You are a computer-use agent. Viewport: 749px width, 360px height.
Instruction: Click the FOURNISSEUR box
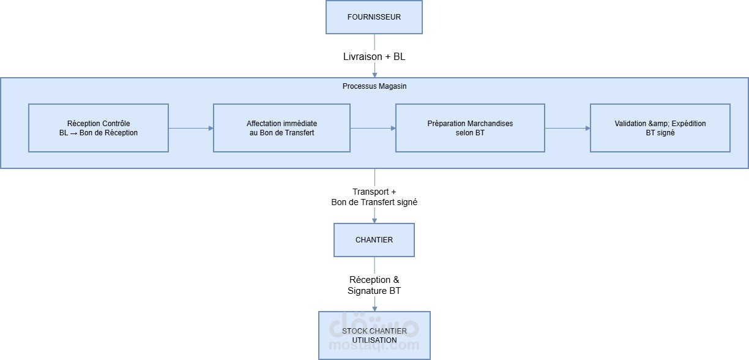[x=374, y=17]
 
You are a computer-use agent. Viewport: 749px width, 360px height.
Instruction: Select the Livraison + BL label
[x=374, y=56]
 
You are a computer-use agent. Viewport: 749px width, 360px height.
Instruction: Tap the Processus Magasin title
[x=374, y=86]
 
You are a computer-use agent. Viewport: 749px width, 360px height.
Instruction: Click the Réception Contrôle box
[x=99, y=128]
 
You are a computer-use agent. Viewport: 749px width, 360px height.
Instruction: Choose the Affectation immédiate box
[x=281, y=128]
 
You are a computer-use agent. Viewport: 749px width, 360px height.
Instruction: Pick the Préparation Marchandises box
[x=470, y=128]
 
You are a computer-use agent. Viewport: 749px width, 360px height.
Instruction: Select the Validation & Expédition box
[x=660, y=128]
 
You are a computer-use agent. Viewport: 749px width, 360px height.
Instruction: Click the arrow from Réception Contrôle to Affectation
[x=190, y=128]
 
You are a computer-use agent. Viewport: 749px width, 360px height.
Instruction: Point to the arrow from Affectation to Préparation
[x=373, y=128]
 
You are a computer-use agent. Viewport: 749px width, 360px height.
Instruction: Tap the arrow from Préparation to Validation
[x=567, y=128]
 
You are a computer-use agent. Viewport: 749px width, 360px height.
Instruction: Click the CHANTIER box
[x=374, y=239]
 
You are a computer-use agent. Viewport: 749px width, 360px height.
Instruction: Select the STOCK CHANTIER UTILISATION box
[x=374, y=336]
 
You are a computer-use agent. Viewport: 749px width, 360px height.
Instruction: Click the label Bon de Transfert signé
[x=374, y=202]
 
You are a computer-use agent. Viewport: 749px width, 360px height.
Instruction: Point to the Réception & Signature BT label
[x=374, y=285]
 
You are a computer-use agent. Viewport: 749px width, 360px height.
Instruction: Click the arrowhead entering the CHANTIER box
[x=374, y=220]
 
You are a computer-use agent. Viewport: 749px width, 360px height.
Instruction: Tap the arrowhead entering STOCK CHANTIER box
[x=374, y=308]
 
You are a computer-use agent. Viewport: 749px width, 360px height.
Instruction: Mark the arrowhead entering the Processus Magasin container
[x=374, y=74]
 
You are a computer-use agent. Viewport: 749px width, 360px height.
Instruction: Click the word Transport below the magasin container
[x=370, y=192]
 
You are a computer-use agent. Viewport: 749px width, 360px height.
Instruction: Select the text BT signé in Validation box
[x=660, y=133]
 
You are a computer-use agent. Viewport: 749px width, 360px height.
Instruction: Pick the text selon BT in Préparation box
[x=470, y=133]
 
